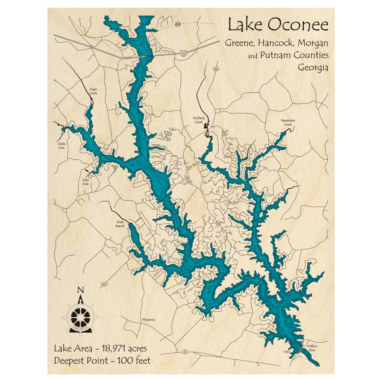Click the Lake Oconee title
coord(278,25)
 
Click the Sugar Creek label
coord(93,91)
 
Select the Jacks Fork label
coord(85,182)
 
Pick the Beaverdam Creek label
coord(288,122)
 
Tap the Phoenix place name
coord(148,320)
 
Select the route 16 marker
coord(185,351)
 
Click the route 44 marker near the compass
coord(104,285)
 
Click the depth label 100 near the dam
coord(286,351)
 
